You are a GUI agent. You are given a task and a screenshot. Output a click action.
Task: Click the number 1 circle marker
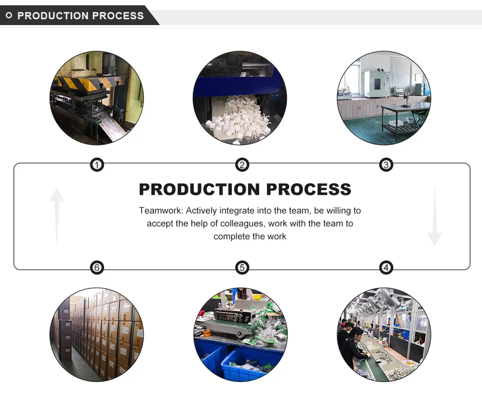pos(97,165)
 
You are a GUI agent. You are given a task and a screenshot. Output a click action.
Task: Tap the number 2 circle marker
pos(242,165)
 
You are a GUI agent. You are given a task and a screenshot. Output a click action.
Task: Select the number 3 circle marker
pos(386,165)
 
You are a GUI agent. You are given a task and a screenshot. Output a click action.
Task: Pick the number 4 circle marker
pos(386,267)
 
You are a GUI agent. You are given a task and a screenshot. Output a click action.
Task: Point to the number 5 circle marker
pos(242,267)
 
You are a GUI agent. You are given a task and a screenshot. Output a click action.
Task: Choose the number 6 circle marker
pos(97,267)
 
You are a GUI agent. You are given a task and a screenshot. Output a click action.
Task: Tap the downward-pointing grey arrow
pos(434,217)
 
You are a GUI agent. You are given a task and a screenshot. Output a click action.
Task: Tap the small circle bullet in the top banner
pos(9,15)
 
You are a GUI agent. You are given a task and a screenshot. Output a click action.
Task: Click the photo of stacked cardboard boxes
pos(97,335)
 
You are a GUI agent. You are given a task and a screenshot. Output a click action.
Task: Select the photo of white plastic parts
pos(240,98)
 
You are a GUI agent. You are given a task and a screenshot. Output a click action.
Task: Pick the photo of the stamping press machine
pos(97,98)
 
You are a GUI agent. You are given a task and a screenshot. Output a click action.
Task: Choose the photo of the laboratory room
pos(384,98)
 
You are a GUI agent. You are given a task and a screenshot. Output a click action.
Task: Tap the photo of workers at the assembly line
pos(384,335)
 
